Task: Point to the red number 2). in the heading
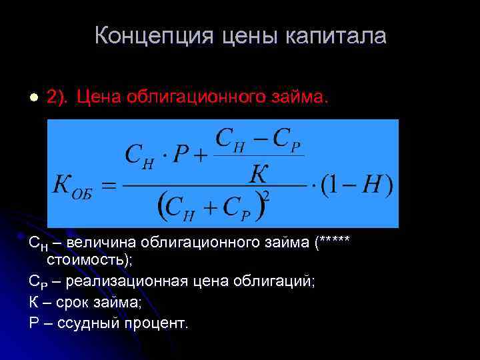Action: pos(57,97)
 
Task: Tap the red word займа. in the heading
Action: pos(296,97)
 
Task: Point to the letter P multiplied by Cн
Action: pos(180,155)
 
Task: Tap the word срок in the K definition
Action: pos(71,302)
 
